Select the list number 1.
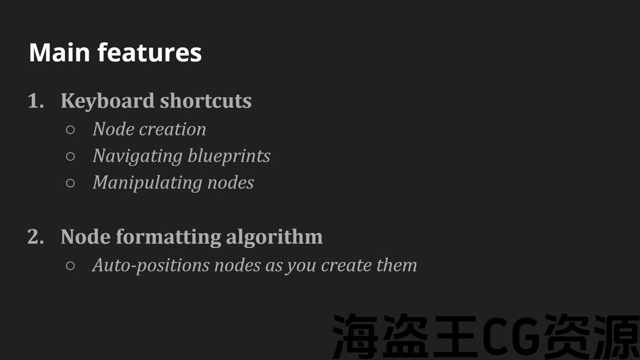pos(36,100)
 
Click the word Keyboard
pos(107,101)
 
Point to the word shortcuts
pos(205,100)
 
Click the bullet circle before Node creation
pos(70,130)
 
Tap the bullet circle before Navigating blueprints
pos(70,156)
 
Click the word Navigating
pos(137,156)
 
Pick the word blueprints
pos(229,156)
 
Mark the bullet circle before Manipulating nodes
pos(70,183)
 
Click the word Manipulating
pos(147,183)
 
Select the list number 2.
pos(36,236)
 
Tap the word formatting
pos(168,237)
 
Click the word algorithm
pos(274,237)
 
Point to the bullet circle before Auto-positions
pos(70,266)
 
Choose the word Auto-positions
pos(151,265)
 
